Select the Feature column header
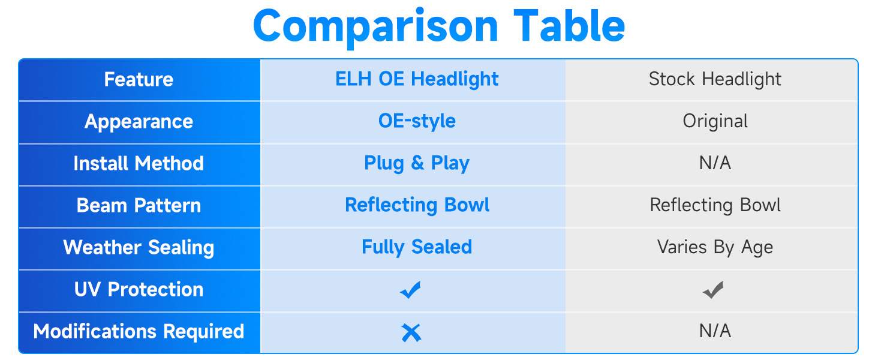point(139,79)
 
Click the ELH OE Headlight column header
point(417,79)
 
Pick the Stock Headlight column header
point(715,79)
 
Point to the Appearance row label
point(139,122)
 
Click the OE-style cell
point(417,121)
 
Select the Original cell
point(715,121)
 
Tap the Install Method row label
point(139,163)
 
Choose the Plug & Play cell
point(417,163)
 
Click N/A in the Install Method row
point(715,163)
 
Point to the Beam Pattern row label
point(139,205)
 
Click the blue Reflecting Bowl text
point(417,205)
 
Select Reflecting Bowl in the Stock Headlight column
point(715,205)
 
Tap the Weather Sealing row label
point(139,248)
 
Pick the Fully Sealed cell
point(417,247)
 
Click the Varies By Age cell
point(715,247)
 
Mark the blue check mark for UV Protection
point(410,290)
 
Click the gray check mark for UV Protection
point(713,290)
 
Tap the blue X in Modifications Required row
point(411,333)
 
